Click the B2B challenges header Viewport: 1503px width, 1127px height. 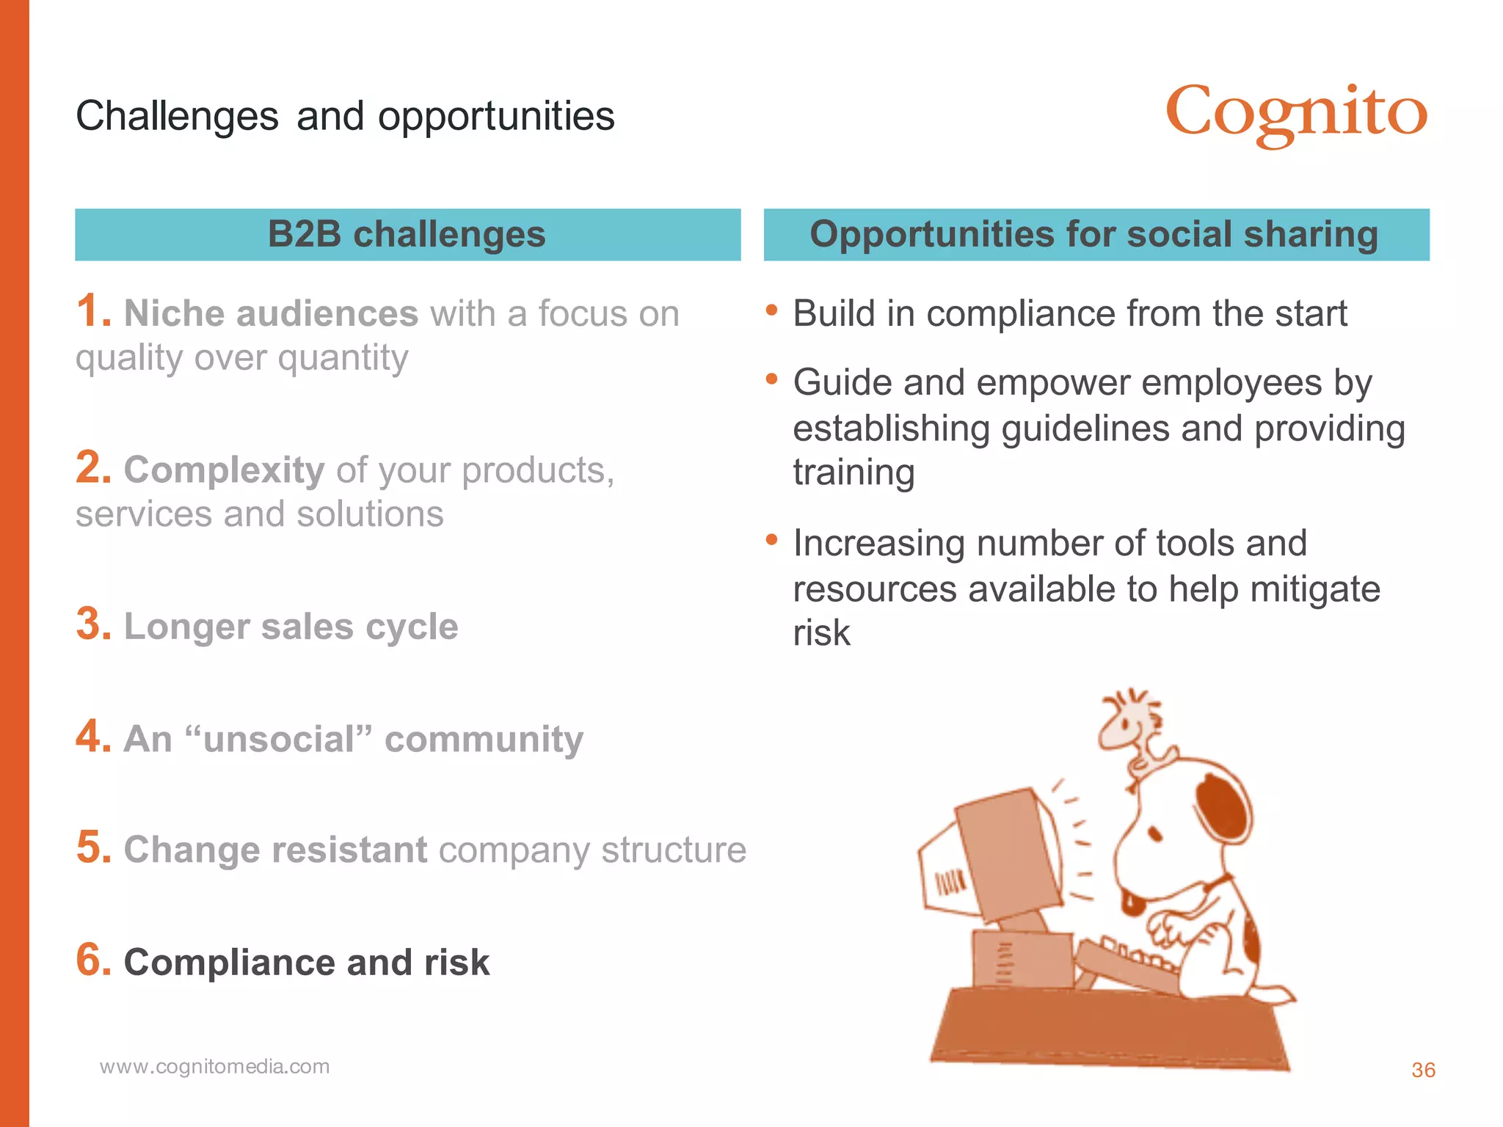(x=407, y=235)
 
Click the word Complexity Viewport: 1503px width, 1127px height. (x=224, y=470)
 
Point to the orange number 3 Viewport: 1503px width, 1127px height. (x=93, y=624)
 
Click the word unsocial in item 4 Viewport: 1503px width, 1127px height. (x=279, y=739)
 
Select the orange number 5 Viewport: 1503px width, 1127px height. (x=93, y=848)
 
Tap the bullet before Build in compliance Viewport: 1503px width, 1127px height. (x=771, y=310)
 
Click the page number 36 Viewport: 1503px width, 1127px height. (x=1423, y=1070)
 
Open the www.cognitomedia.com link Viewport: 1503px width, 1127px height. (x=214, y=1066)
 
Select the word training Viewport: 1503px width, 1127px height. (x=854, y=473)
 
